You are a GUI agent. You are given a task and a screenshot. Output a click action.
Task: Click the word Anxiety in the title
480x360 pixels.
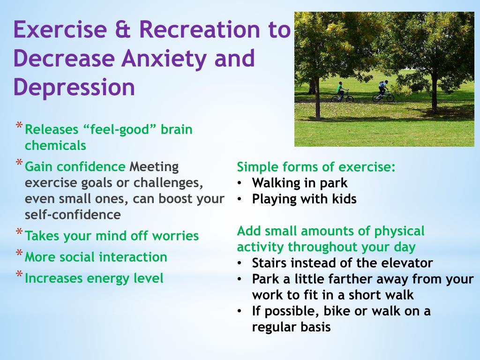tap(165, 59)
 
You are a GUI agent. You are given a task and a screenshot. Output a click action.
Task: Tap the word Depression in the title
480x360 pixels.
tap(74, 88)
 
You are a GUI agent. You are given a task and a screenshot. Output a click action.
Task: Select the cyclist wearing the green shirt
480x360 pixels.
tap(340, 91)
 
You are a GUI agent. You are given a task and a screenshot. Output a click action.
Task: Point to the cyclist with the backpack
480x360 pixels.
tap(382, 91)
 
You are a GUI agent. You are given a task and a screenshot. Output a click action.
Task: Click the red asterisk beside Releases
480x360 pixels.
tap(19, 126)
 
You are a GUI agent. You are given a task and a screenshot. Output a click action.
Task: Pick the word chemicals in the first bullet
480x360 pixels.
tap(55, 145)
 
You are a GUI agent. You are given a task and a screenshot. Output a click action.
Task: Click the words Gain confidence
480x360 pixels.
tap(75, 167)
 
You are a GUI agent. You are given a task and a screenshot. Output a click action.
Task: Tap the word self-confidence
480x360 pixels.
tap(73, 214)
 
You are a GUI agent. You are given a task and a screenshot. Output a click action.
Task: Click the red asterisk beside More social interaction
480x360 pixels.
tap(19, 253)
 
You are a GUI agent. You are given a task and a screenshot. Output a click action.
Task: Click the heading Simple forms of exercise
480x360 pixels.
tap(316, 167)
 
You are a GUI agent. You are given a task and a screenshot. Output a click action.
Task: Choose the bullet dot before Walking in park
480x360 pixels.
tap(240, 183)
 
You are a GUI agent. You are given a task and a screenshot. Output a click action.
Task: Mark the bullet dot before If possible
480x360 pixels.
tap(240, 311)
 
